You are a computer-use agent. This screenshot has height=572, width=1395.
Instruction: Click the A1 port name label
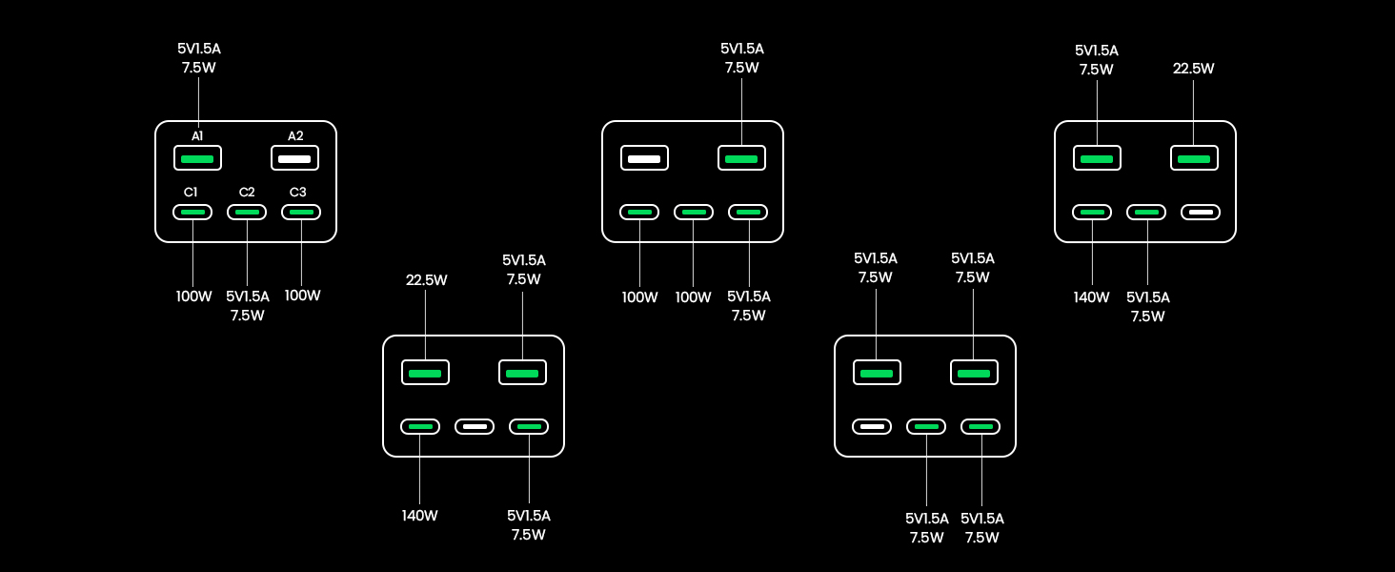197,136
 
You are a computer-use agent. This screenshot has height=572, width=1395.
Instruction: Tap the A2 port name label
295,136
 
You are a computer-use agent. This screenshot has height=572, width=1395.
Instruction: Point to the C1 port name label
192,193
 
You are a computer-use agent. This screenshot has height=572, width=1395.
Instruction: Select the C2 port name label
247,193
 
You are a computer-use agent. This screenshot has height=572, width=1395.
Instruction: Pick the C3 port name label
298,193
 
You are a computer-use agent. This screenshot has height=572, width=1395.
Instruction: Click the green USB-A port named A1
197,158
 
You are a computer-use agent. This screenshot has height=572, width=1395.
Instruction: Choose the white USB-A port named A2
294,158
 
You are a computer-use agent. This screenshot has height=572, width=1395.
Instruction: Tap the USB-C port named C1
192,213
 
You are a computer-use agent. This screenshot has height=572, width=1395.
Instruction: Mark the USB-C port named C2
247,213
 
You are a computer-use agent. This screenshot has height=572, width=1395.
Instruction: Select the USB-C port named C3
301,213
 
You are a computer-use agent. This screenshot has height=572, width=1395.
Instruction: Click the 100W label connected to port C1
193,296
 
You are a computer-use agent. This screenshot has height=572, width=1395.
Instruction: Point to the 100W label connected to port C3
302,296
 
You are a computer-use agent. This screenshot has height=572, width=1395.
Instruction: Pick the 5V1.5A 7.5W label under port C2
248,306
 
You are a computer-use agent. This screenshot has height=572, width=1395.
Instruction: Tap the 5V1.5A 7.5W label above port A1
199,58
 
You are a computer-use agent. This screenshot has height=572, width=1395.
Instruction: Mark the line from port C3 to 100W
301,253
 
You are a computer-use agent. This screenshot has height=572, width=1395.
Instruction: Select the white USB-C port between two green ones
475,427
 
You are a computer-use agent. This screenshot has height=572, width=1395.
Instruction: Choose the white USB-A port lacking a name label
645,158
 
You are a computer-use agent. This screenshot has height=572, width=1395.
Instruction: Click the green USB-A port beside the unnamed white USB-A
741,158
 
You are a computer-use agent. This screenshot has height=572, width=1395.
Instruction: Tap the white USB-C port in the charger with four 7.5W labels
873,427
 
